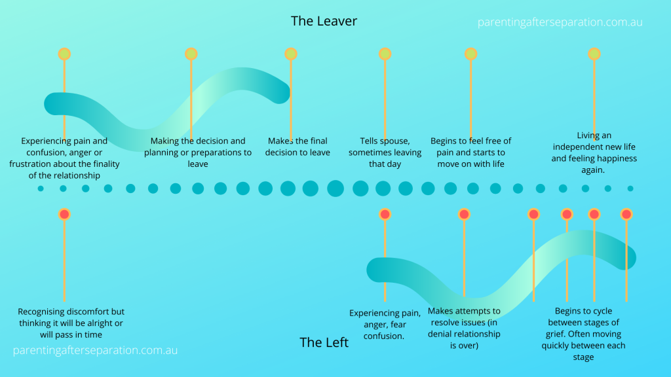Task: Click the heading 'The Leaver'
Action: point(324,21)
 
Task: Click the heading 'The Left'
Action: point(324,342)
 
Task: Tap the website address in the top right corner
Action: point(560,22)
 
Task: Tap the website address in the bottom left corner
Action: point(95,350)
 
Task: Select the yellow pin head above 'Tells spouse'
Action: point(385,54)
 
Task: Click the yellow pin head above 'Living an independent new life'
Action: point(594,54)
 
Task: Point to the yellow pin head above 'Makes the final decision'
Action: point(290,54)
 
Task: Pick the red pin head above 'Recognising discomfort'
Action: point(64,214)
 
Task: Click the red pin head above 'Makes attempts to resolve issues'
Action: point(464,214)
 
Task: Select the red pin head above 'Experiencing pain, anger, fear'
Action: point(385,214)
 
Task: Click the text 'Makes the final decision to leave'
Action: point(297,147)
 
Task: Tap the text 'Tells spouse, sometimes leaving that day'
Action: point(385,153)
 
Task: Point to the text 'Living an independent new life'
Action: point(594,153)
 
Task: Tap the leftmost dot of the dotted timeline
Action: point(41,188)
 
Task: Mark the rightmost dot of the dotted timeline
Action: point(630,188)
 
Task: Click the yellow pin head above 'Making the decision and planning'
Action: point(191,54)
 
